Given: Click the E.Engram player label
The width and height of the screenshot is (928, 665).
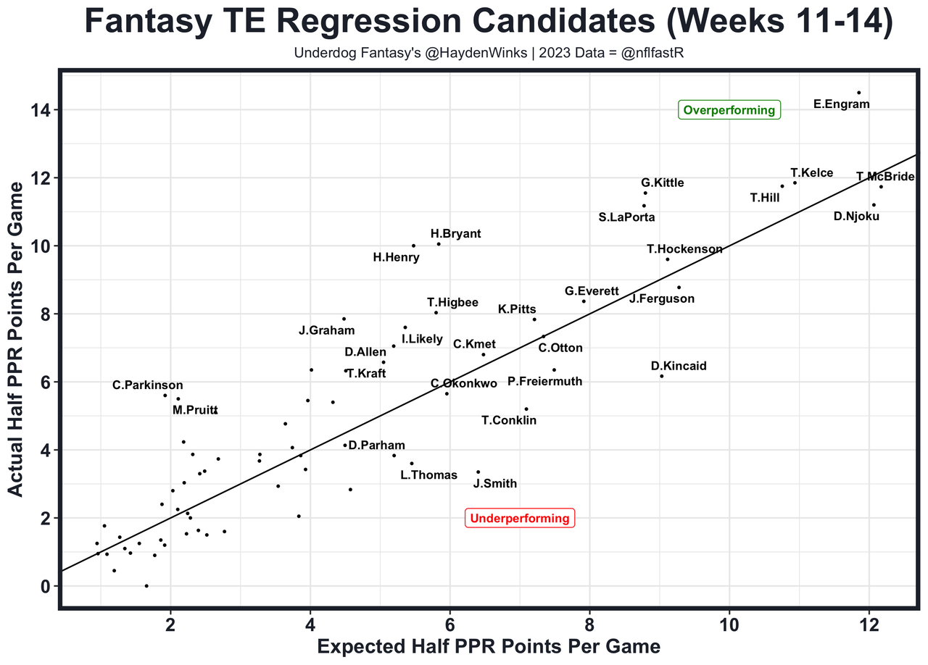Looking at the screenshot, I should (x=841, y=104).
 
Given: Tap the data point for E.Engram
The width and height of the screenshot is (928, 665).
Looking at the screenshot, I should (x=859, y=93).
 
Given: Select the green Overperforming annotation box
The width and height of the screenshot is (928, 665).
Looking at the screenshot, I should (x=729, y=111).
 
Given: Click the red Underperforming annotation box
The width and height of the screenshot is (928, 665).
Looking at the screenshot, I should (x=520, y=519).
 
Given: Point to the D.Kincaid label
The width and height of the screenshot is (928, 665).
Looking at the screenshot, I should (x=679, y=367).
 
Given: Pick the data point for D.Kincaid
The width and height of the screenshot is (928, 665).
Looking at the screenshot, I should (x=662, y=376).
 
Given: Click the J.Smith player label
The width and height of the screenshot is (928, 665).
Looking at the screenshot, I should (x=495, y=483).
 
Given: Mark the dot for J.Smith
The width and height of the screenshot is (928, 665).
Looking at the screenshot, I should (x=478, y=472).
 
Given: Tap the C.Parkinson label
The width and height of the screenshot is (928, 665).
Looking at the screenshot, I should (x=148, y=385).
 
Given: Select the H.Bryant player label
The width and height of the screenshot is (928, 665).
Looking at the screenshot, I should (x=455, y=234).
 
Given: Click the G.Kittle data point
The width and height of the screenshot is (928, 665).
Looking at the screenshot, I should (x=645, y=193).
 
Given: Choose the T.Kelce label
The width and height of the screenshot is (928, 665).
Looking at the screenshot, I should (x=812, y=173).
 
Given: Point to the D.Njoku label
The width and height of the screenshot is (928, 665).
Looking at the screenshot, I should (x=856, y=216).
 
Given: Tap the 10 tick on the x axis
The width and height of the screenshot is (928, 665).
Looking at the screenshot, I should (x=729, y=624).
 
